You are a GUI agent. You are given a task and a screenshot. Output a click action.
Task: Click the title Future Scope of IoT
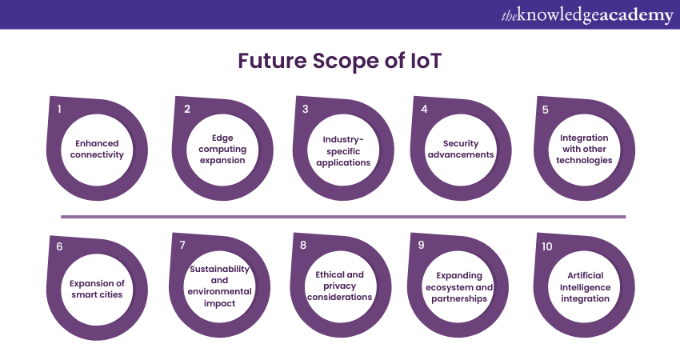[x=339, y=62]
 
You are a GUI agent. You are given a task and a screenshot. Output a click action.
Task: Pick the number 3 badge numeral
[x=306, y=109]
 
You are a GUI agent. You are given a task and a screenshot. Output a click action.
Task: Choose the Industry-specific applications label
[x=342, y=150]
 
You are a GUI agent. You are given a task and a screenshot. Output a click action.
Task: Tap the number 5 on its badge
[x=546, y=110]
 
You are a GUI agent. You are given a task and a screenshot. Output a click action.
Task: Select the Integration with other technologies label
[x=584, y=149]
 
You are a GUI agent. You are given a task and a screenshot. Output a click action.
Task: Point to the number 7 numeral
[x=182, y=245]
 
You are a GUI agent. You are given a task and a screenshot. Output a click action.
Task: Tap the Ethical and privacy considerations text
[x=340, y=286]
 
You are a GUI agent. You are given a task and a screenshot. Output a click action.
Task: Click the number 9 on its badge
[x=422, y=245]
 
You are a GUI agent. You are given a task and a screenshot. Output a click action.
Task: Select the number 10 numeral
[x=546, y=246]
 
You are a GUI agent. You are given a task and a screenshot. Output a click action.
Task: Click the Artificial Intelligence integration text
[x=584, y=287]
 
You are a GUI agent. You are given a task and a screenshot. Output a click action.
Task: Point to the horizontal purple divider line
[x=343, y=216]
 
